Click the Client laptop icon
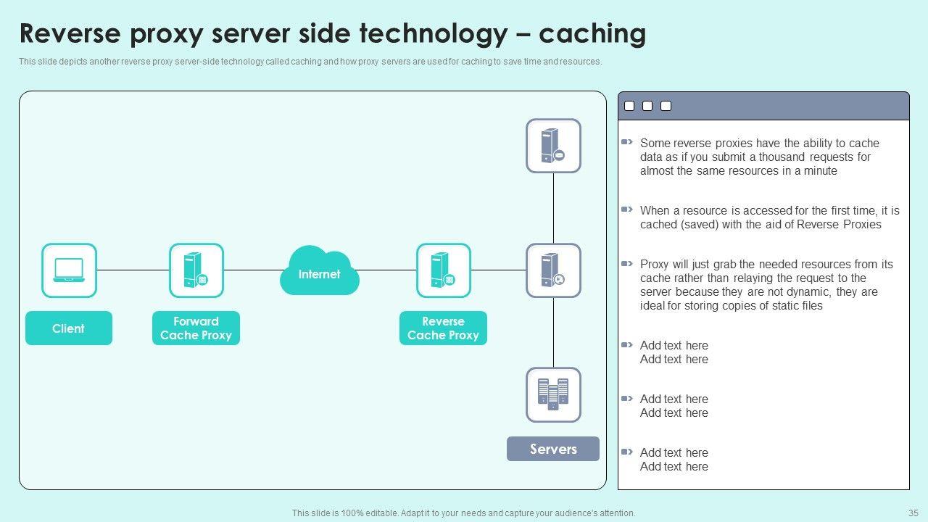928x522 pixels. click(69, 270)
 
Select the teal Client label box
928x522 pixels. click(69, 328)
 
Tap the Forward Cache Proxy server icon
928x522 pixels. click(196, 270)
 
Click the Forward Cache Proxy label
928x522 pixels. click(196, 328)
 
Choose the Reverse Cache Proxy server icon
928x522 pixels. click(444, 270)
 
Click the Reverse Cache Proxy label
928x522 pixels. click(443, 328)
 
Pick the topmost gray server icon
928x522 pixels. click(553, 146)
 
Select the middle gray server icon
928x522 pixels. click(553, 270)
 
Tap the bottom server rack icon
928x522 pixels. click(553, 394)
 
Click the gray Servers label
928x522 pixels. click(553, 449)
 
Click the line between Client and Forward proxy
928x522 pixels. click(133, 270)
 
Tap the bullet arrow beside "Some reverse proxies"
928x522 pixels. click(627, 143)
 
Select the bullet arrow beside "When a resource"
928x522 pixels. click(627, 210)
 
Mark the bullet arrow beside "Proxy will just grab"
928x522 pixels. click(627, 264)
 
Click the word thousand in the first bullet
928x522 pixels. click(782, 157)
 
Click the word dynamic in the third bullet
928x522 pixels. click(806, 292)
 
